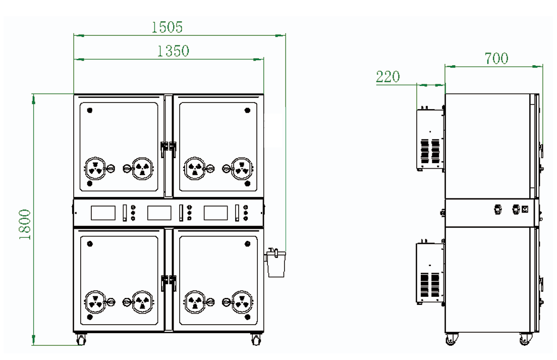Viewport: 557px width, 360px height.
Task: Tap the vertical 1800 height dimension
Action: tap(26, 224)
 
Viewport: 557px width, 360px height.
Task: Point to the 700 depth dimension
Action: tap(496, 59)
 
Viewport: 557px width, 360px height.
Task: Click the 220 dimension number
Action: tap(388, 77)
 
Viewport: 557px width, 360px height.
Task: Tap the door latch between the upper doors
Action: tap(169, 147)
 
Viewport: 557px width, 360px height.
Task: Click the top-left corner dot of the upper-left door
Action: tap(90, 110)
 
